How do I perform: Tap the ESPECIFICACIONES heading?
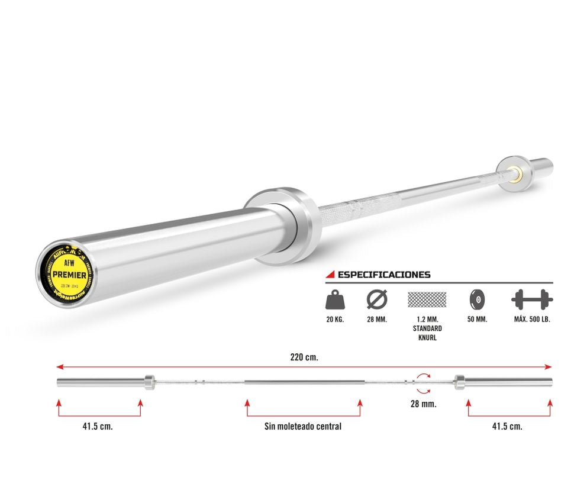[x=383, y=275]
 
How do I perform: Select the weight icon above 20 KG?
[x=334, y=299]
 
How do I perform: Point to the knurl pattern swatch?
[x=427, y=299]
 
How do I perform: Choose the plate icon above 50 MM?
[x=476, y=299]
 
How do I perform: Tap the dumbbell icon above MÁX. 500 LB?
[x=531, y=299]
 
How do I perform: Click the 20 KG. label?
[x=334, y=320]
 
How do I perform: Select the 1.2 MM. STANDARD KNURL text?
[x=427, y=328]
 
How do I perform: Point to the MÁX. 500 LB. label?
[x=531, y=320]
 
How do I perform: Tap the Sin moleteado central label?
[x=303, y=426]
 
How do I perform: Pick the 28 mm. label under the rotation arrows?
[x=423, y=404]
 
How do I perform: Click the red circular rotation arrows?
[x=423, y=382]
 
